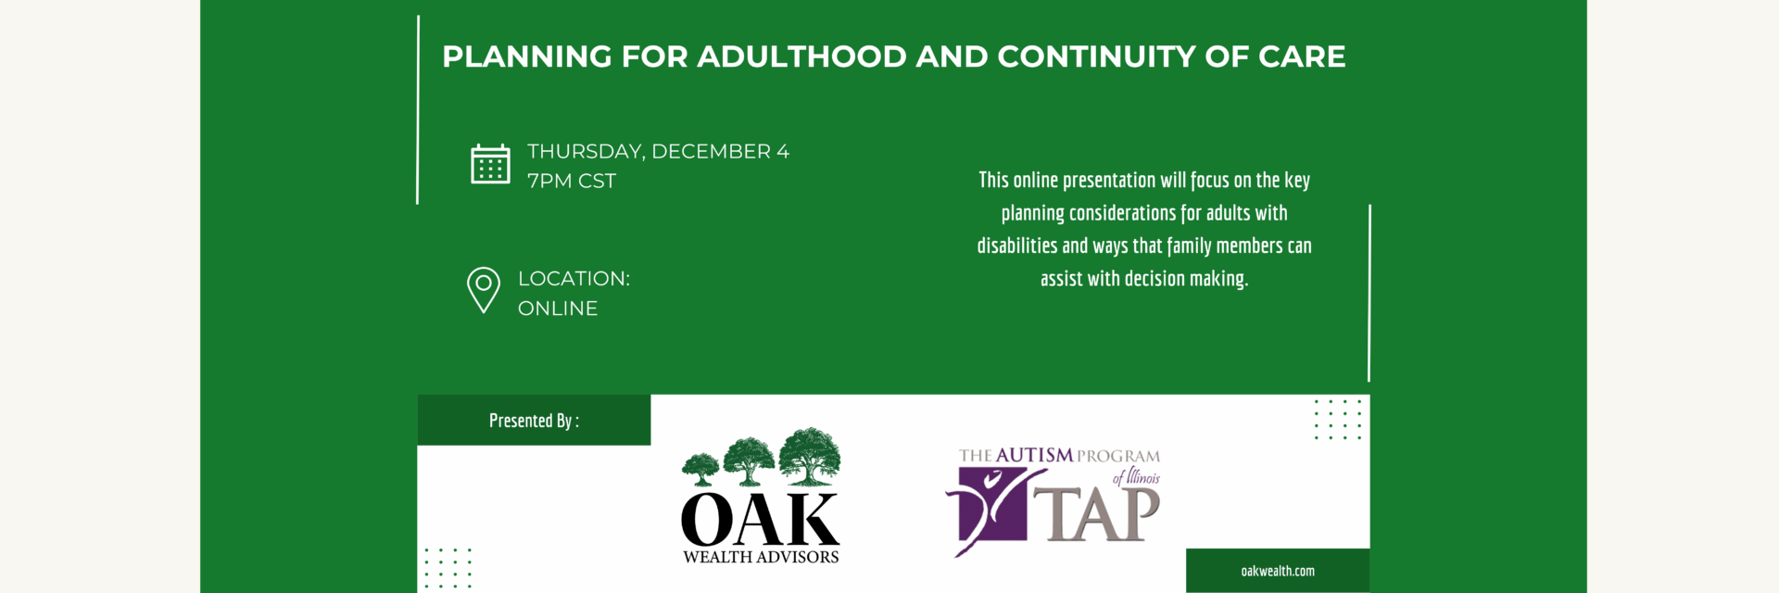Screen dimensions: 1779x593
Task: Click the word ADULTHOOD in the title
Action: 801,57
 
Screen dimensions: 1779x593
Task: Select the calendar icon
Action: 490,164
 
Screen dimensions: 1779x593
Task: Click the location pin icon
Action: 484,290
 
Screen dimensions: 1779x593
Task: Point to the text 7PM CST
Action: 572,181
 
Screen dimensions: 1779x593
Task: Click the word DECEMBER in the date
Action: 712,151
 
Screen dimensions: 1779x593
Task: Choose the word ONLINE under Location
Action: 558,309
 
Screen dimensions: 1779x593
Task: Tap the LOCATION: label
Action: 574,279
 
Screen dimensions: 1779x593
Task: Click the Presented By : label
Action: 535,421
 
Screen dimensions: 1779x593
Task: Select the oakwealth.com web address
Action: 1278,571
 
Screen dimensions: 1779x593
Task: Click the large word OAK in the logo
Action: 760,520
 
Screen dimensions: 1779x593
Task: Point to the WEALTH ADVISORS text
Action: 761,557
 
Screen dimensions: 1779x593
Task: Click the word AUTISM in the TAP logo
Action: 1034,455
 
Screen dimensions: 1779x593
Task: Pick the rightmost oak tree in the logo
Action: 809,456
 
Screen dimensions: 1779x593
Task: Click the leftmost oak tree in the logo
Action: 700,469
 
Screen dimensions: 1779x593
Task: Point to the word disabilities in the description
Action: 1017,246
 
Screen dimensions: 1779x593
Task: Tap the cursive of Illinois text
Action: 1136,477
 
